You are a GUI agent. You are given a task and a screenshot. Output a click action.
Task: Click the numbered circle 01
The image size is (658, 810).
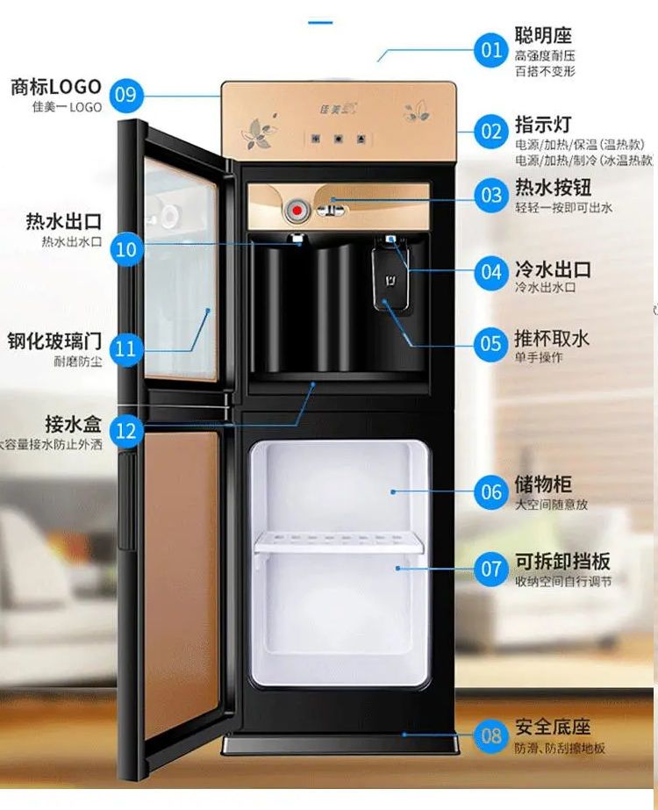491,47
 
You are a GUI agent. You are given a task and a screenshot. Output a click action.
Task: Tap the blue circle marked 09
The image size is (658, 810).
125,94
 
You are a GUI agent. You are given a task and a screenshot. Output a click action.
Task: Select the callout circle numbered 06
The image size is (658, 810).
491,492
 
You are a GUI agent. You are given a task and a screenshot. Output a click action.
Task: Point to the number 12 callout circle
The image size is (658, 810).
125,431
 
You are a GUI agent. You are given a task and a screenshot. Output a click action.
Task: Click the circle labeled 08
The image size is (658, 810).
491,735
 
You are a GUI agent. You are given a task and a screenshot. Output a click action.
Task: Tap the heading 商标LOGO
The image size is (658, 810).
55,87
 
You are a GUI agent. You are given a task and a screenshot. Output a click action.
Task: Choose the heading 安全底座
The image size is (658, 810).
552,728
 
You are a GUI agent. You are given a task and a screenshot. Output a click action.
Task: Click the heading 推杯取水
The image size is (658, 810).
552,338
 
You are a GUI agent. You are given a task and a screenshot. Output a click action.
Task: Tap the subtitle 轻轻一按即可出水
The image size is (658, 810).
562,208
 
